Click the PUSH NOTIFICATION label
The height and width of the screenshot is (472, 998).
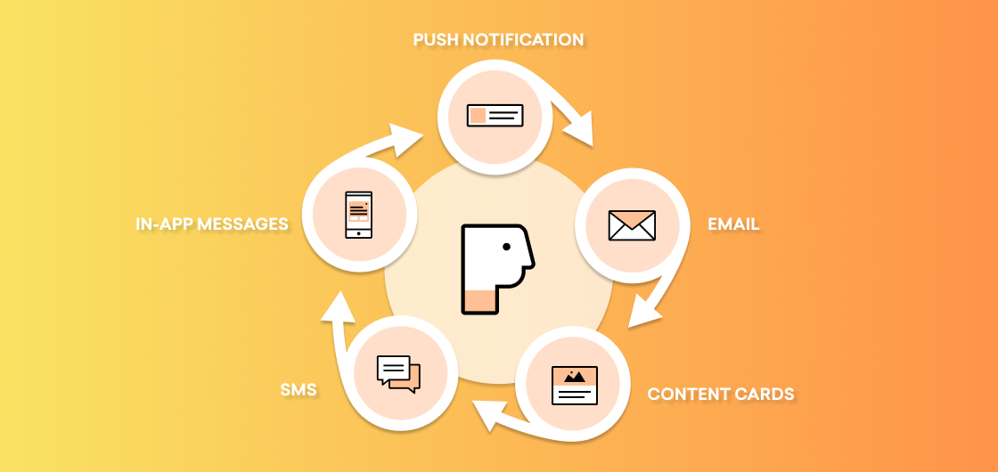[498, 39]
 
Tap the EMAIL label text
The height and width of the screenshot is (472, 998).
[733, 224]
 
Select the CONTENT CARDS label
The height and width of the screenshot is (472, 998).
[721, 394]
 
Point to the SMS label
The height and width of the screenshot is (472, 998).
[299, 389]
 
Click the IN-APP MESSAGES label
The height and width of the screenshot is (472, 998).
[212, 224]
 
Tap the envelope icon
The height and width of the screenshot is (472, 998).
[632, 225]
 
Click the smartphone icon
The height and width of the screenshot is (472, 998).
[359, 215]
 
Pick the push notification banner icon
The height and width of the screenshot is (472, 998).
[495, 115]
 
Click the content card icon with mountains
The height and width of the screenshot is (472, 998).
[575, 386]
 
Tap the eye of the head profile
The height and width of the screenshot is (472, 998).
[507, 247]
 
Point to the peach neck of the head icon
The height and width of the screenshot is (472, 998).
[480, 301]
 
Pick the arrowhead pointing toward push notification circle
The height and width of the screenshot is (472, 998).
[407, 139]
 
